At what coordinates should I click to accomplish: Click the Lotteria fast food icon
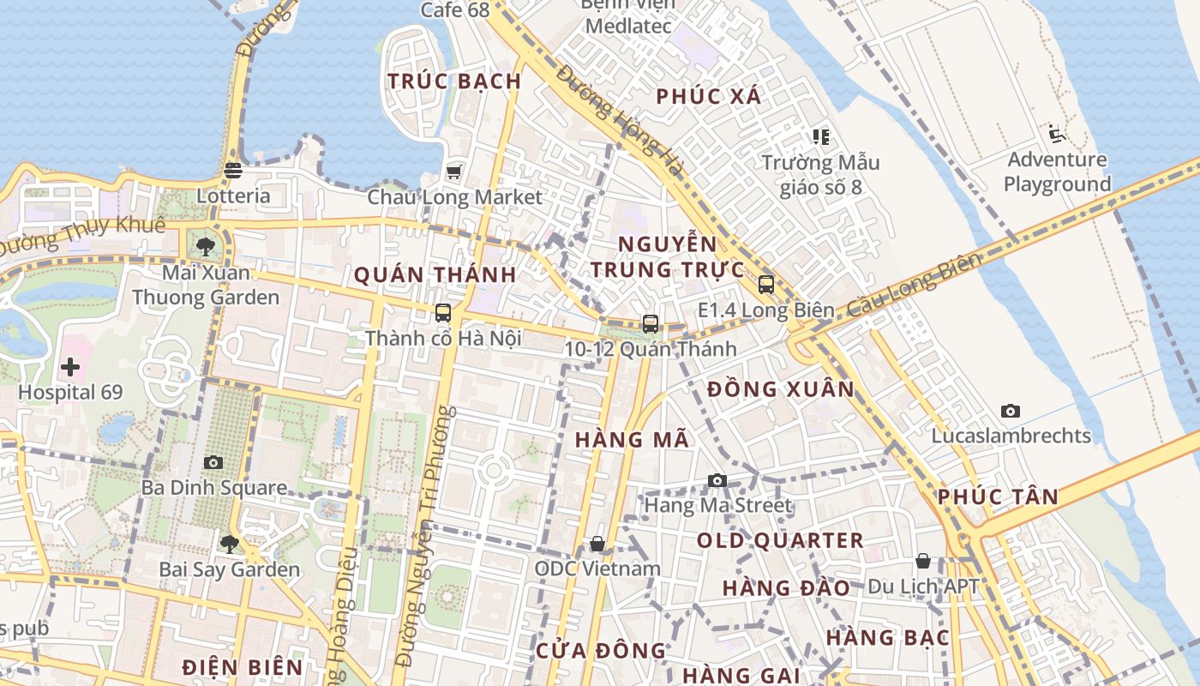tap(233, 170)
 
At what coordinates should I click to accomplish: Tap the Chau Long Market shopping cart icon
tap(453, 171)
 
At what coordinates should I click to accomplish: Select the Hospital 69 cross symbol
tap(70, 368)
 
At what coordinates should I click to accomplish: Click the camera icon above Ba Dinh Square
tap(213, 463)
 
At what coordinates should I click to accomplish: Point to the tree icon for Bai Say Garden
tap(229, 544)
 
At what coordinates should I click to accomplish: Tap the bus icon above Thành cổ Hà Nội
tap(443, 313)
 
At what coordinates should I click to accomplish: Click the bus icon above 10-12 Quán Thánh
tap(651, 324)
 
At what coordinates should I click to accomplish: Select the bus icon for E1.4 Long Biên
tap(766, 285)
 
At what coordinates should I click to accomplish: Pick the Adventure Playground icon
tap(1056, 134)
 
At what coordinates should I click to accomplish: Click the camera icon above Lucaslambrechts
tap(1011, 412)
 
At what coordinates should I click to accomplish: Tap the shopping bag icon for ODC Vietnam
tap(597, 544)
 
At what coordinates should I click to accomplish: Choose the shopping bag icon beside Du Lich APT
tap(923, 562)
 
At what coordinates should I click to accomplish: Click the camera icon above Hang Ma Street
tap(717, 480)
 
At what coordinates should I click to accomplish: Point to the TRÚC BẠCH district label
tap(454, 81)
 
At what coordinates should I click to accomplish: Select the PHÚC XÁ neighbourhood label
tap(709, 97)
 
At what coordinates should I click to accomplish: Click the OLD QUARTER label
tap(780, 541)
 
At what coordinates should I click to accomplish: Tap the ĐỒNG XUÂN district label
tap(781, 389)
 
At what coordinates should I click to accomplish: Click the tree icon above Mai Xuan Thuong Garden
tap(205, 248)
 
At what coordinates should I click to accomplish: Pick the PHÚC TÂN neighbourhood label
tap(998, 496)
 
